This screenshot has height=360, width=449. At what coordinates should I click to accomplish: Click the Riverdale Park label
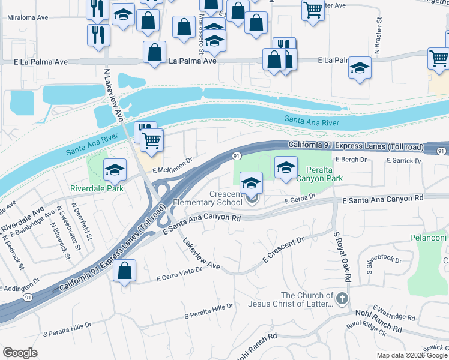pos(97,188)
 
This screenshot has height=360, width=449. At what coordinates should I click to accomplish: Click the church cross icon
pos(342,298)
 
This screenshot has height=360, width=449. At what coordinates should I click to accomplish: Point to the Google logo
pos(20,353)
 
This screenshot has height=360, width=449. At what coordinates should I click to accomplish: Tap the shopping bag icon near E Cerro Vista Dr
pos(124,271)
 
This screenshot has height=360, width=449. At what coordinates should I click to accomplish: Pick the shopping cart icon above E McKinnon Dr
pos(152,141)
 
